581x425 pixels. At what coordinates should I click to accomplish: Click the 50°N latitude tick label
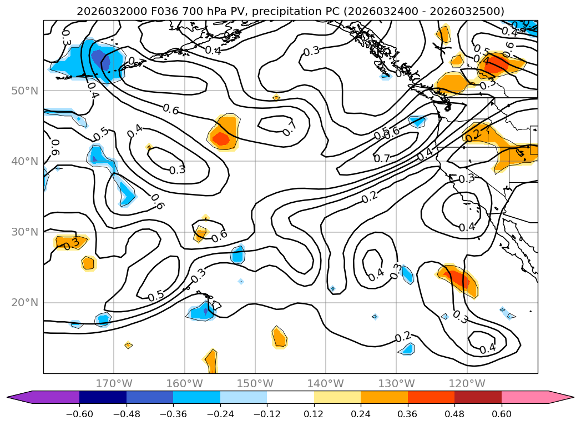(25, 91)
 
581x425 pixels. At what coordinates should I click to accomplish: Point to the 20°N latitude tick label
(25, 303)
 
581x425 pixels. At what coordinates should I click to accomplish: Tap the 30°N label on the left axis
(25, 232)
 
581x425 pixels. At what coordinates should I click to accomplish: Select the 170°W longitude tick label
(114, 384)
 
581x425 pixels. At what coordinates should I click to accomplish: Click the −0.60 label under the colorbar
(79, 415)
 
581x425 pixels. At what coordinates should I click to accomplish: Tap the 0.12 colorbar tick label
(314, 415)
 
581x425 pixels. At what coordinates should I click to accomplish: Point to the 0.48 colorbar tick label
(454, 415)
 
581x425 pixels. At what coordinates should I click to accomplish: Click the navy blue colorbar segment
(103, 397)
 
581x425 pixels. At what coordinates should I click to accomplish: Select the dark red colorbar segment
(478, 397)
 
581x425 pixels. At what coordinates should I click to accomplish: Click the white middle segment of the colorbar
(290, 397)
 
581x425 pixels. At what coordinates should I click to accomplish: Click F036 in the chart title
(146, 11)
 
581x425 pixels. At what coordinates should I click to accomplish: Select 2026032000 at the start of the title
(103, 11)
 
